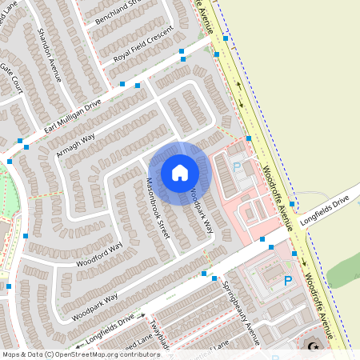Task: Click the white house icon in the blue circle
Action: coord(180,172)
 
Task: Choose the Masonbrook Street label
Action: coord(155,211)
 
